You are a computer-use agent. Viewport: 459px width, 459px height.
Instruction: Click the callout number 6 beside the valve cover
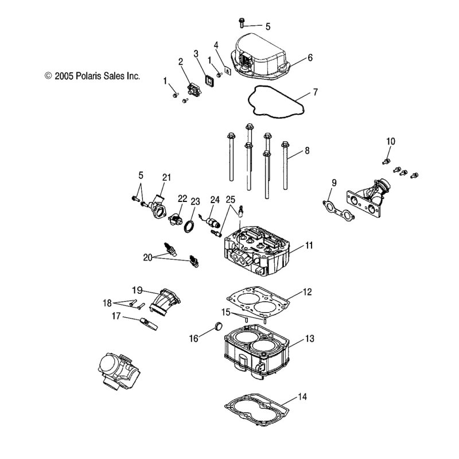click(x=310, y=57)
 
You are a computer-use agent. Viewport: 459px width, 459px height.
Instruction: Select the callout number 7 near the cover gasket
click(x=315, y=92)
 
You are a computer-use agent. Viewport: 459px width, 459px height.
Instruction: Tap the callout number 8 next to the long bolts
click(x=307, y=151)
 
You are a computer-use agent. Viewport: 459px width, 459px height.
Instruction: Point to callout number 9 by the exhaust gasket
click(x=333, y=183)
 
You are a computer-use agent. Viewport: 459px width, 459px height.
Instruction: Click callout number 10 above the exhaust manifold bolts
click(x=391, y=141)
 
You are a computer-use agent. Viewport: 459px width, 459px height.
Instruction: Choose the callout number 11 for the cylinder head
click(x=309, y=246)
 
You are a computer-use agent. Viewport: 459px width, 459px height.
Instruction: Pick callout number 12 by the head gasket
click(x=307, y=292)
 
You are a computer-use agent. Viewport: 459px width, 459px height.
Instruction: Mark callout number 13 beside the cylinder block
click(x=309, y=339)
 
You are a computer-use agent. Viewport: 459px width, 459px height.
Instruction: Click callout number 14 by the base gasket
click(x=303, y=396)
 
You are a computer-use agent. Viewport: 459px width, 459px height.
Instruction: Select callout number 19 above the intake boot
click(x=137, y=289)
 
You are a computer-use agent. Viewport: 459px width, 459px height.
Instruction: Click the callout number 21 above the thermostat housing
click(x=167, y=177)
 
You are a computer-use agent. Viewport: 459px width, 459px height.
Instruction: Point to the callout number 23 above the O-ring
click(x=196, y=202)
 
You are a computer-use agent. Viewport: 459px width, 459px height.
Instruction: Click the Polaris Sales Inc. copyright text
click(x=92, y=75)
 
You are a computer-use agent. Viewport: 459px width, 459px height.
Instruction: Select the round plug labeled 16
click(x=217, y=328)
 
